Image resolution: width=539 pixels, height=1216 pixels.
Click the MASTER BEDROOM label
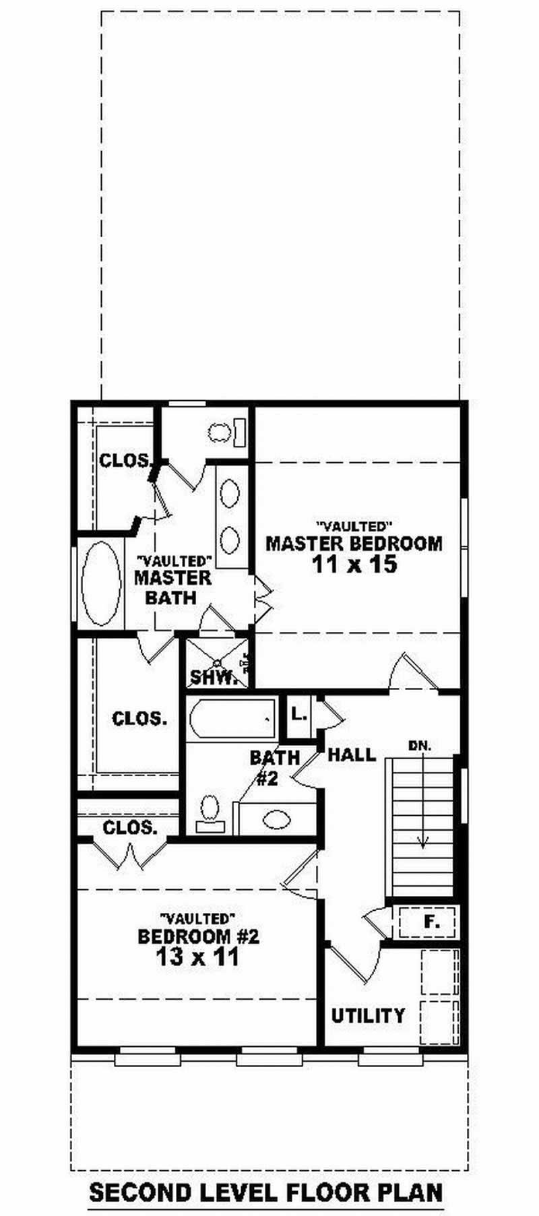click(354, 543)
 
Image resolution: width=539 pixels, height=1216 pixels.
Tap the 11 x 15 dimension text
click(354, 565)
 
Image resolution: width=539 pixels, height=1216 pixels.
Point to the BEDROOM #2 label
click(198, 936)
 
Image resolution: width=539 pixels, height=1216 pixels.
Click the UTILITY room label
click(368, 1015)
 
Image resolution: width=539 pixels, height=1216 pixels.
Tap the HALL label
click(352, 755)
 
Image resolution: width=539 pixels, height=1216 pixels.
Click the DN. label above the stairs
click(420, 746)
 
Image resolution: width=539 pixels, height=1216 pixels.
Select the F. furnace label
click(431, 921)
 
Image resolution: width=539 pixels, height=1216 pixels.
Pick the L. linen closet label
click(300, 715)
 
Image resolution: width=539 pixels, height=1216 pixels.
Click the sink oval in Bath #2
click(277, 819)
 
